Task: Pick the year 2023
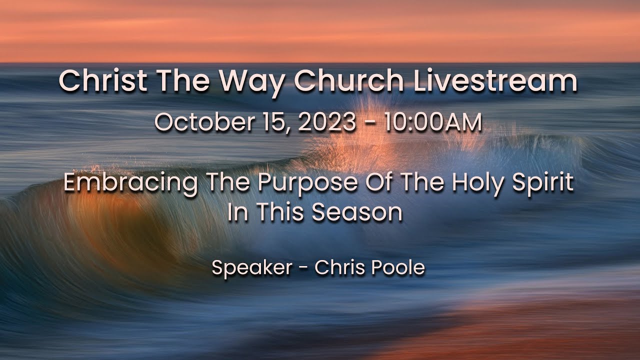pyautogui.click(x=327, y=123)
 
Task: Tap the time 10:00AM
pyautogui.click(x=433, y=123)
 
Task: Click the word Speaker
pyautogui.click(x=251, y=268)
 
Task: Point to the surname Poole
pyautogui.click(x=399, y=268)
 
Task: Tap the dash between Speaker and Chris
pyautogui.click(x=303, y=268)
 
